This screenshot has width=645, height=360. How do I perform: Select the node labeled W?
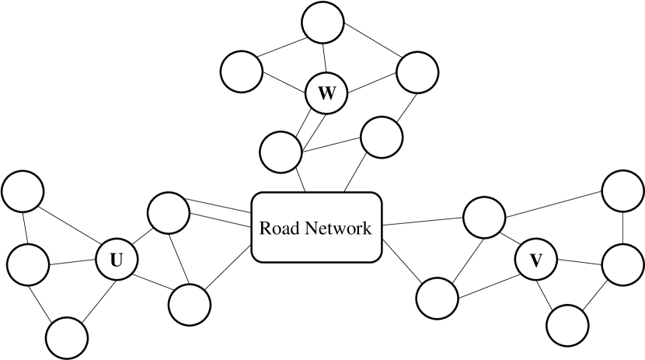click(x=326, y=94)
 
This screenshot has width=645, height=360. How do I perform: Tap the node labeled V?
click(x=535, y=260)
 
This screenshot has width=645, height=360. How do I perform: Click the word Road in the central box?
click(x=279, y=229)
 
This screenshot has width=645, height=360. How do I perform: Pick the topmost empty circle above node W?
click(x=322, y=23)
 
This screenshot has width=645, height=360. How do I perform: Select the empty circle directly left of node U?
click(x=29, y=264)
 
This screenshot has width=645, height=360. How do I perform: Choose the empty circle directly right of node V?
click(x=622, y=264)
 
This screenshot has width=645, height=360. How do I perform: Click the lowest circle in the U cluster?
click(x=67, y=337)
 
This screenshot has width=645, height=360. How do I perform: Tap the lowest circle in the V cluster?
click(x=567, y=324)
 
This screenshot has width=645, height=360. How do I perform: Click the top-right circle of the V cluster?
click(x=623, y=190)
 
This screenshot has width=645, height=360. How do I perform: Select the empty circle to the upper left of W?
click(x=242, y=72)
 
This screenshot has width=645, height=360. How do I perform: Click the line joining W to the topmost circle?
click(x=325, y=59)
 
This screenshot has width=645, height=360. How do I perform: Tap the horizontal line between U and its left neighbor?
click(x=73, y=262)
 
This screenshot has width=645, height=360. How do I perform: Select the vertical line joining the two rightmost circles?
click(x=623, y=226)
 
